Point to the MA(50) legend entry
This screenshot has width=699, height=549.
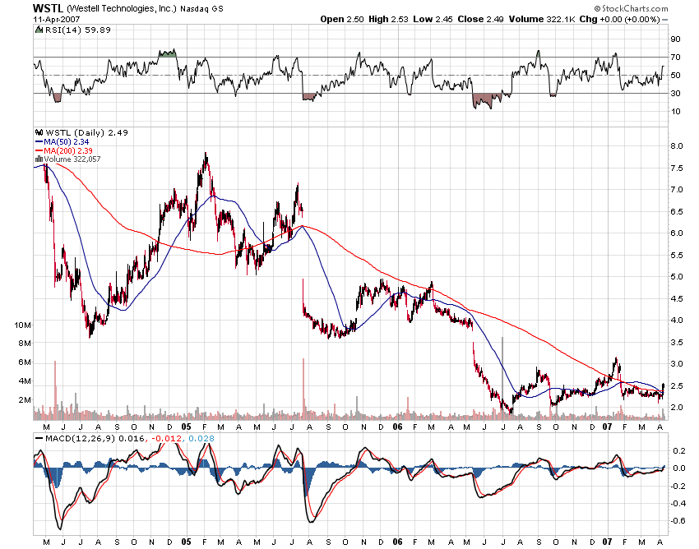62,141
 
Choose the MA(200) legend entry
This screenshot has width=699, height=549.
65,149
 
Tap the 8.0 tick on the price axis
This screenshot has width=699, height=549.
677,146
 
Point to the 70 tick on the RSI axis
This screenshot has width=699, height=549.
674,58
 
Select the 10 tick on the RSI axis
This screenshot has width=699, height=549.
674,111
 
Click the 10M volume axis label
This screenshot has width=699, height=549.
22,325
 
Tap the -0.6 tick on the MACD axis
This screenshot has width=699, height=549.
678,520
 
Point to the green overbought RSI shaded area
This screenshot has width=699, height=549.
168,53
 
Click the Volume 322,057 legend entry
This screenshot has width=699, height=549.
71,157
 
